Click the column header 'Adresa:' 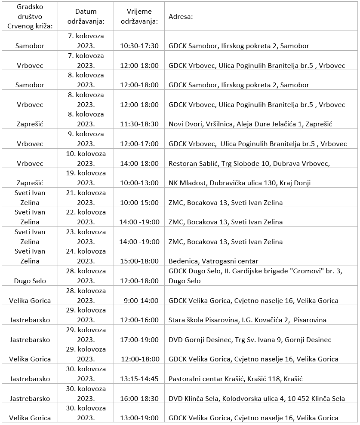coord(181,17)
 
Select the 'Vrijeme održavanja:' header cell coord(139,16)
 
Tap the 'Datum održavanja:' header coord(86,16)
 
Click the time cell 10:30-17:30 coord(139,46)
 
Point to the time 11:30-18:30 coord(139,124)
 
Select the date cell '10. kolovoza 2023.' coord(86,159)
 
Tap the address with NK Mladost coord(240,183)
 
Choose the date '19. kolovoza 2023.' coord(86,178)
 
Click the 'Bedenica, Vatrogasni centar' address coord(213,261)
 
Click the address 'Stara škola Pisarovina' coord(247,320)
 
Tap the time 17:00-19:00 coord(139,340)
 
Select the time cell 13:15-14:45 coord(139,379)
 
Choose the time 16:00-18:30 coord(139,399)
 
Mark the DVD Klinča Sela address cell coord(256,399)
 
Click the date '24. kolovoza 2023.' coord(86,256)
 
